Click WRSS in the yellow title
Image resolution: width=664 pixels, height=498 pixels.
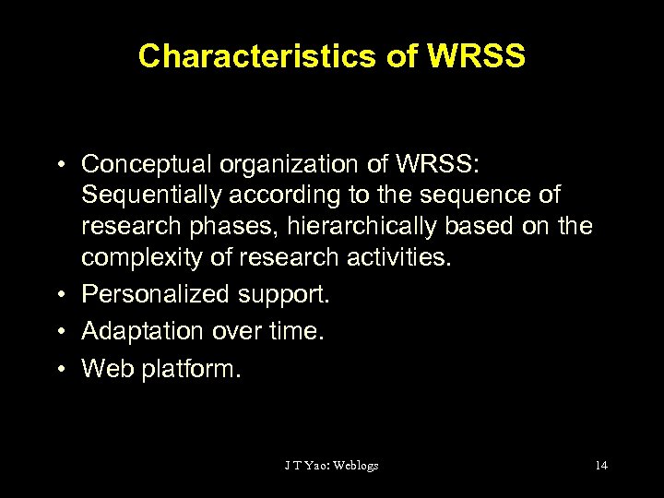tap(477, 56)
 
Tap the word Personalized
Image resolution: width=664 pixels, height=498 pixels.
tap(155, 295)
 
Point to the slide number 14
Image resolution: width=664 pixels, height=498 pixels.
tap(600, 465)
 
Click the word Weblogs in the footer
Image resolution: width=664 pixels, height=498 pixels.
tap(355, 465)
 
